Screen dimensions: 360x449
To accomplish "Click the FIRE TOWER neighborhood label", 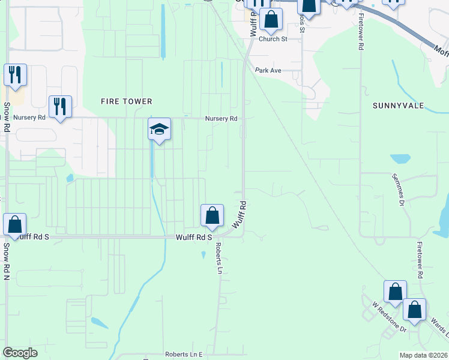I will [126, 101].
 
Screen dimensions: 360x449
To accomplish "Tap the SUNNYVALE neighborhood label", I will [398, 106].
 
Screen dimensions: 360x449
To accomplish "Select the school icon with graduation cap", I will [160, 130].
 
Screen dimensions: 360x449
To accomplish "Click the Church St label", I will [273, 39].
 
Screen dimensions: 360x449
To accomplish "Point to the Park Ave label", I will [268, 70].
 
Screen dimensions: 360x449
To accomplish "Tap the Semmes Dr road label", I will [397, 190].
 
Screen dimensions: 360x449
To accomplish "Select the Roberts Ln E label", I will [184, 355].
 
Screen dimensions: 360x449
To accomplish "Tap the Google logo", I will [20, 353].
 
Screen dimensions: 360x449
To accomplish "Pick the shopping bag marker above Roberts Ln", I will [212, 216].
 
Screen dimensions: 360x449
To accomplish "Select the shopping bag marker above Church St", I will [271, 20].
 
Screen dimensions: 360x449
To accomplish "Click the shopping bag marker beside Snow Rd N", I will [15, 226].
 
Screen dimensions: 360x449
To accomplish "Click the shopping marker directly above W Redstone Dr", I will [395, 293].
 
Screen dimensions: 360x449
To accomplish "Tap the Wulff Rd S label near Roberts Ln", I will [193, 238].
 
